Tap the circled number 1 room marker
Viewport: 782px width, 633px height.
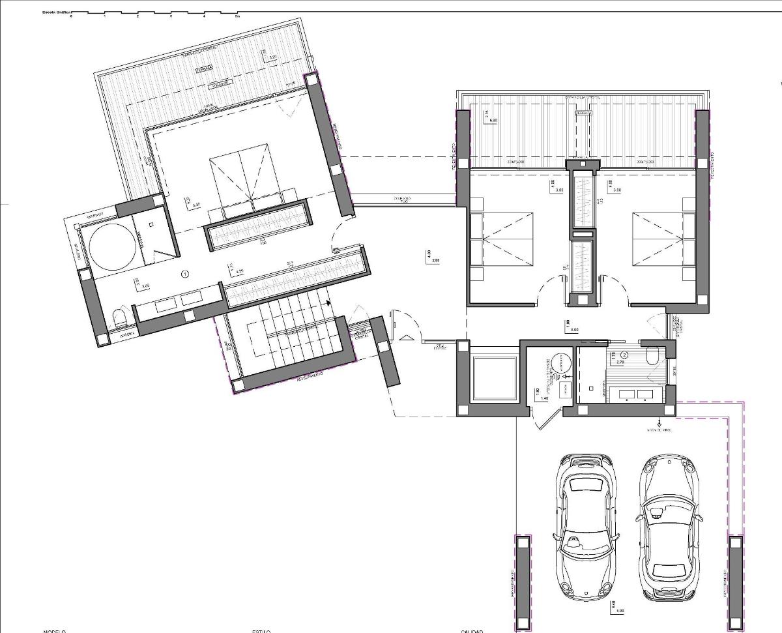[x=186, y=274]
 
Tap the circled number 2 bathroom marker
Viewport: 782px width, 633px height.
[x=624, y=355]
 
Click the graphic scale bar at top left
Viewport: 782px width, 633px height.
[x=154, y=14]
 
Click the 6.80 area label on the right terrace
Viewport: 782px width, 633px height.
[x=493, y=120]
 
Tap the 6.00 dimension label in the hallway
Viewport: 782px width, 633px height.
[x=575, y=330]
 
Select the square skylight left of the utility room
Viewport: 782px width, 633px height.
[x=493, y=379]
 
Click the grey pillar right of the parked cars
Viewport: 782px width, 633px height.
[x=735, y=578]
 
